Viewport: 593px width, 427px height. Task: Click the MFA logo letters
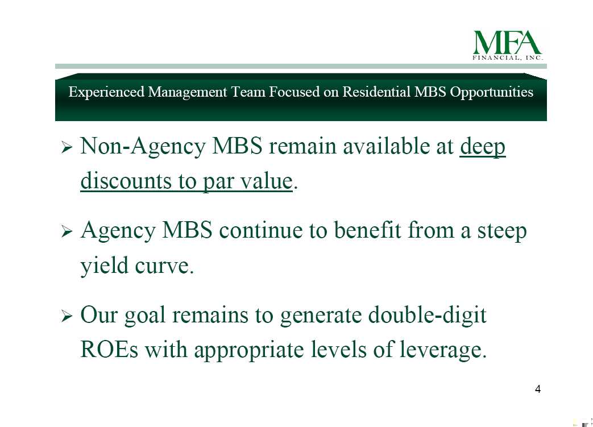507,43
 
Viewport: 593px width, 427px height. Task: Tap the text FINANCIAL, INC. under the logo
508,58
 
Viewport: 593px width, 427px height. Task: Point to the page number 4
538,389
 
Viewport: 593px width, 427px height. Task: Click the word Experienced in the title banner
106,92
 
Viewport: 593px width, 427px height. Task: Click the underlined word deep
483,147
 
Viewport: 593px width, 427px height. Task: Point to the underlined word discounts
126,181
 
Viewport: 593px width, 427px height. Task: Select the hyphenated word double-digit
428,315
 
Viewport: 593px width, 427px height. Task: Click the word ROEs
109,349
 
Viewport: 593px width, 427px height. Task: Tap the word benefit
368,230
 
